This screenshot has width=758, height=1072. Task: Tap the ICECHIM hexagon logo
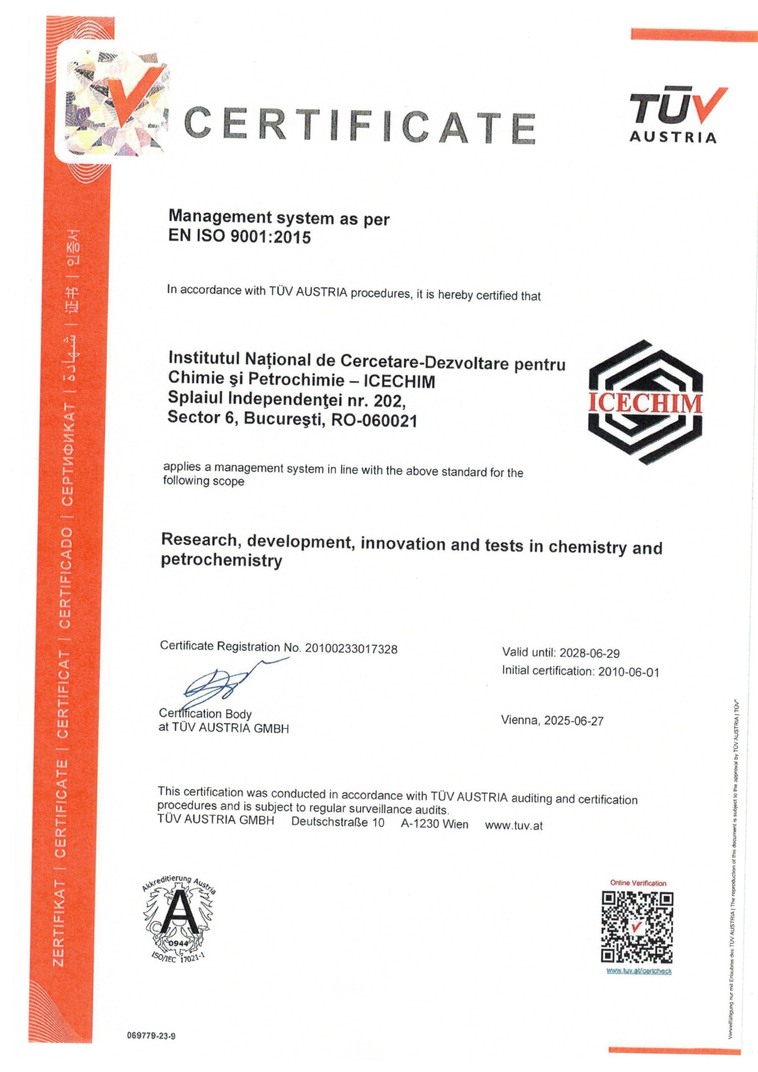tap(645, 402)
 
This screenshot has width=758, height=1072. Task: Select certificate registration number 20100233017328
tap(351, 649)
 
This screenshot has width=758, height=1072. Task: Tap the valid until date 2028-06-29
tap(589, 653)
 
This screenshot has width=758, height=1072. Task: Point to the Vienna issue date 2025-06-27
tap(552, 720)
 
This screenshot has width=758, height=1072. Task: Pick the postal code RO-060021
tap(373, 421)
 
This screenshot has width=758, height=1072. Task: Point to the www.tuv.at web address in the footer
tap(514, 825)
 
